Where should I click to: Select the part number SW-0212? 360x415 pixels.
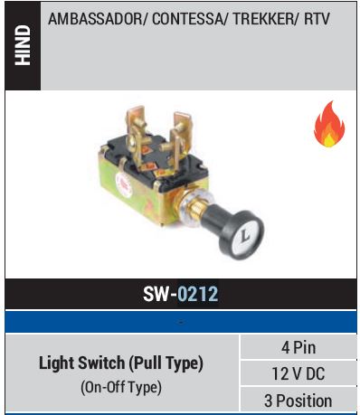pyautogui.click(x=180, y=294)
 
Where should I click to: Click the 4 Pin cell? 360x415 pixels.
pyautogui.click(x=299, y=348)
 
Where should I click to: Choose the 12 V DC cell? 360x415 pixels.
pyautogui.click(x=299, y=373)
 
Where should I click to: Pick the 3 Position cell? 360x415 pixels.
pyautogui.click(x=299, y=400)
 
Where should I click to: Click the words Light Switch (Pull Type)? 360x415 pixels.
pyautogui.click(x=120, y=363)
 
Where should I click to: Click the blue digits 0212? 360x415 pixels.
pyautogui.click(x=198, y=294)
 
